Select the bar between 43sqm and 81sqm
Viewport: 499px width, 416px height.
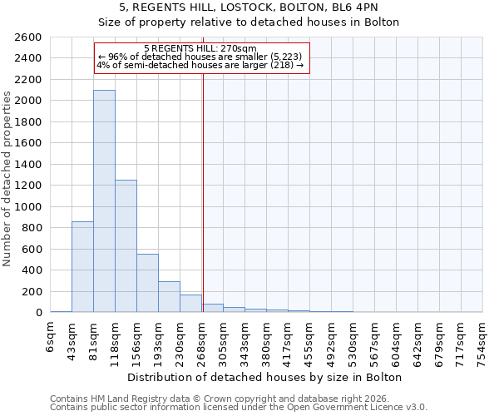click(82, 266)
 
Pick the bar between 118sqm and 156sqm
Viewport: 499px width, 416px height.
click(126, 246)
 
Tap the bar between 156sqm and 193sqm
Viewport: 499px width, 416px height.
click(147, 283)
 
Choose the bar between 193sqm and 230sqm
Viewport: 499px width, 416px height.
click(169, 297)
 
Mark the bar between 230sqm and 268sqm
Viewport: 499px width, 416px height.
click(190, 304)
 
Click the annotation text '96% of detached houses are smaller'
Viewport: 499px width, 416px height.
click(205, 57)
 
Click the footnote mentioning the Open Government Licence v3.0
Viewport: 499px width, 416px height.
click(239, 407)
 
